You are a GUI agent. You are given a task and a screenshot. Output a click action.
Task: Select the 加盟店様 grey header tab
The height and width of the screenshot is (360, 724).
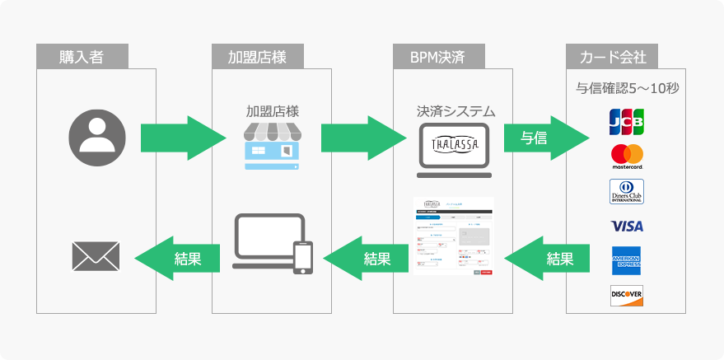pos(258,58)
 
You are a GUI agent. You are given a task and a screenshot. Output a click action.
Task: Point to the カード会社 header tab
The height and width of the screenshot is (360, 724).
pos(613,58)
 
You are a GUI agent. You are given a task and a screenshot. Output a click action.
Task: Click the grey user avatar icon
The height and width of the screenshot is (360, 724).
pos(97,138)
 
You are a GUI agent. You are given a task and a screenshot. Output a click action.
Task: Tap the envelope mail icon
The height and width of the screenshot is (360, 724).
pos(96,256)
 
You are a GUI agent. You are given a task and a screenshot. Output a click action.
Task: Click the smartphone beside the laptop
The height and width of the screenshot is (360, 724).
pos(303,256)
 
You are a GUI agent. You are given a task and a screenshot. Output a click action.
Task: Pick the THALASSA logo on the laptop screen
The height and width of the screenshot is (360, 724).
pos(454,143)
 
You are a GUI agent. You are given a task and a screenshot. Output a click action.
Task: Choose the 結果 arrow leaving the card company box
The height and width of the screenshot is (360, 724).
pos(548,258)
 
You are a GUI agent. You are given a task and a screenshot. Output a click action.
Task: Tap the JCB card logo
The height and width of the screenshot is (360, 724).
pos(626,121)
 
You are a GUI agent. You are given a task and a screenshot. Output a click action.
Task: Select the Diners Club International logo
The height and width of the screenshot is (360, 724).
pos(627,191)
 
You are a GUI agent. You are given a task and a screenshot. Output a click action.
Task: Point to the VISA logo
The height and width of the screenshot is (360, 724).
pos(627,226)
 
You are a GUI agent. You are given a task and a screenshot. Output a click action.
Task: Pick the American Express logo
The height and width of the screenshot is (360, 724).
pos(627,260)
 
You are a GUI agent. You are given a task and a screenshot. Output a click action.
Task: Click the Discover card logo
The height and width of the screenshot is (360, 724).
pos(627,295)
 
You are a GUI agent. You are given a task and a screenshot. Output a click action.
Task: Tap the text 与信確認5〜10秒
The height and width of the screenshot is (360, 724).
pos(627,88)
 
